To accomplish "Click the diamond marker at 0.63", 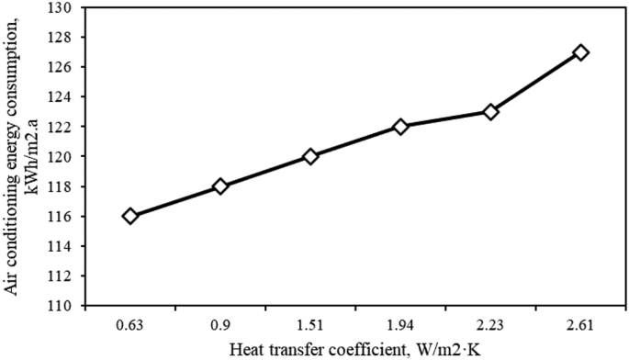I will tap(129, 216).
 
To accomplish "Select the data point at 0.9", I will tap(219, 186).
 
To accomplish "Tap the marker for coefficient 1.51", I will tap(310, 156).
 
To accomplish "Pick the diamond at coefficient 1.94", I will tap(400, 127).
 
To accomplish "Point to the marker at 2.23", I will tap(490, 112).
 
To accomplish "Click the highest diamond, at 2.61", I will tap(580, 52).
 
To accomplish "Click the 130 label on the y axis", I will tap(66, 8).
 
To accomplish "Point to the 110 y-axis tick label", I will tap(66, 305).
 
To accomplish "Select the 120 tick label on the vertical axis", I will tap(66, 156).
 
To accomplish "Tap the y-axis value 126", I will tap(66, 67).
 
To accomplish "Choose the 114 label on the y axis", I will tap(66, 245).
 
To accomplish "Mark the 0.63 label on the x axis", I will tap(129, 323).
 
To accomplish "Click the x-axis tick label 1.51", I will tap(310, 323).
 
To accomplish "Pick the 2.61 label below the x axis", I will tap(580, 323).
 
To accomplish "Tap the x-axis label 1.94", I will tap(400, 323).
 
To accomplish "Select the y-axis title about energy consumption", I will tap(22, 156).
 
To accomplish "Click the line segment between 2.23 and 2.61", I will tap(535, 83).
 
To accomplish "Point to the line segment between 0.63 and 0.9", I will tap(174, 201).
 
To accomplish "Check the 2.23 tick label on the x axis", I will tap(490, 323).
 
